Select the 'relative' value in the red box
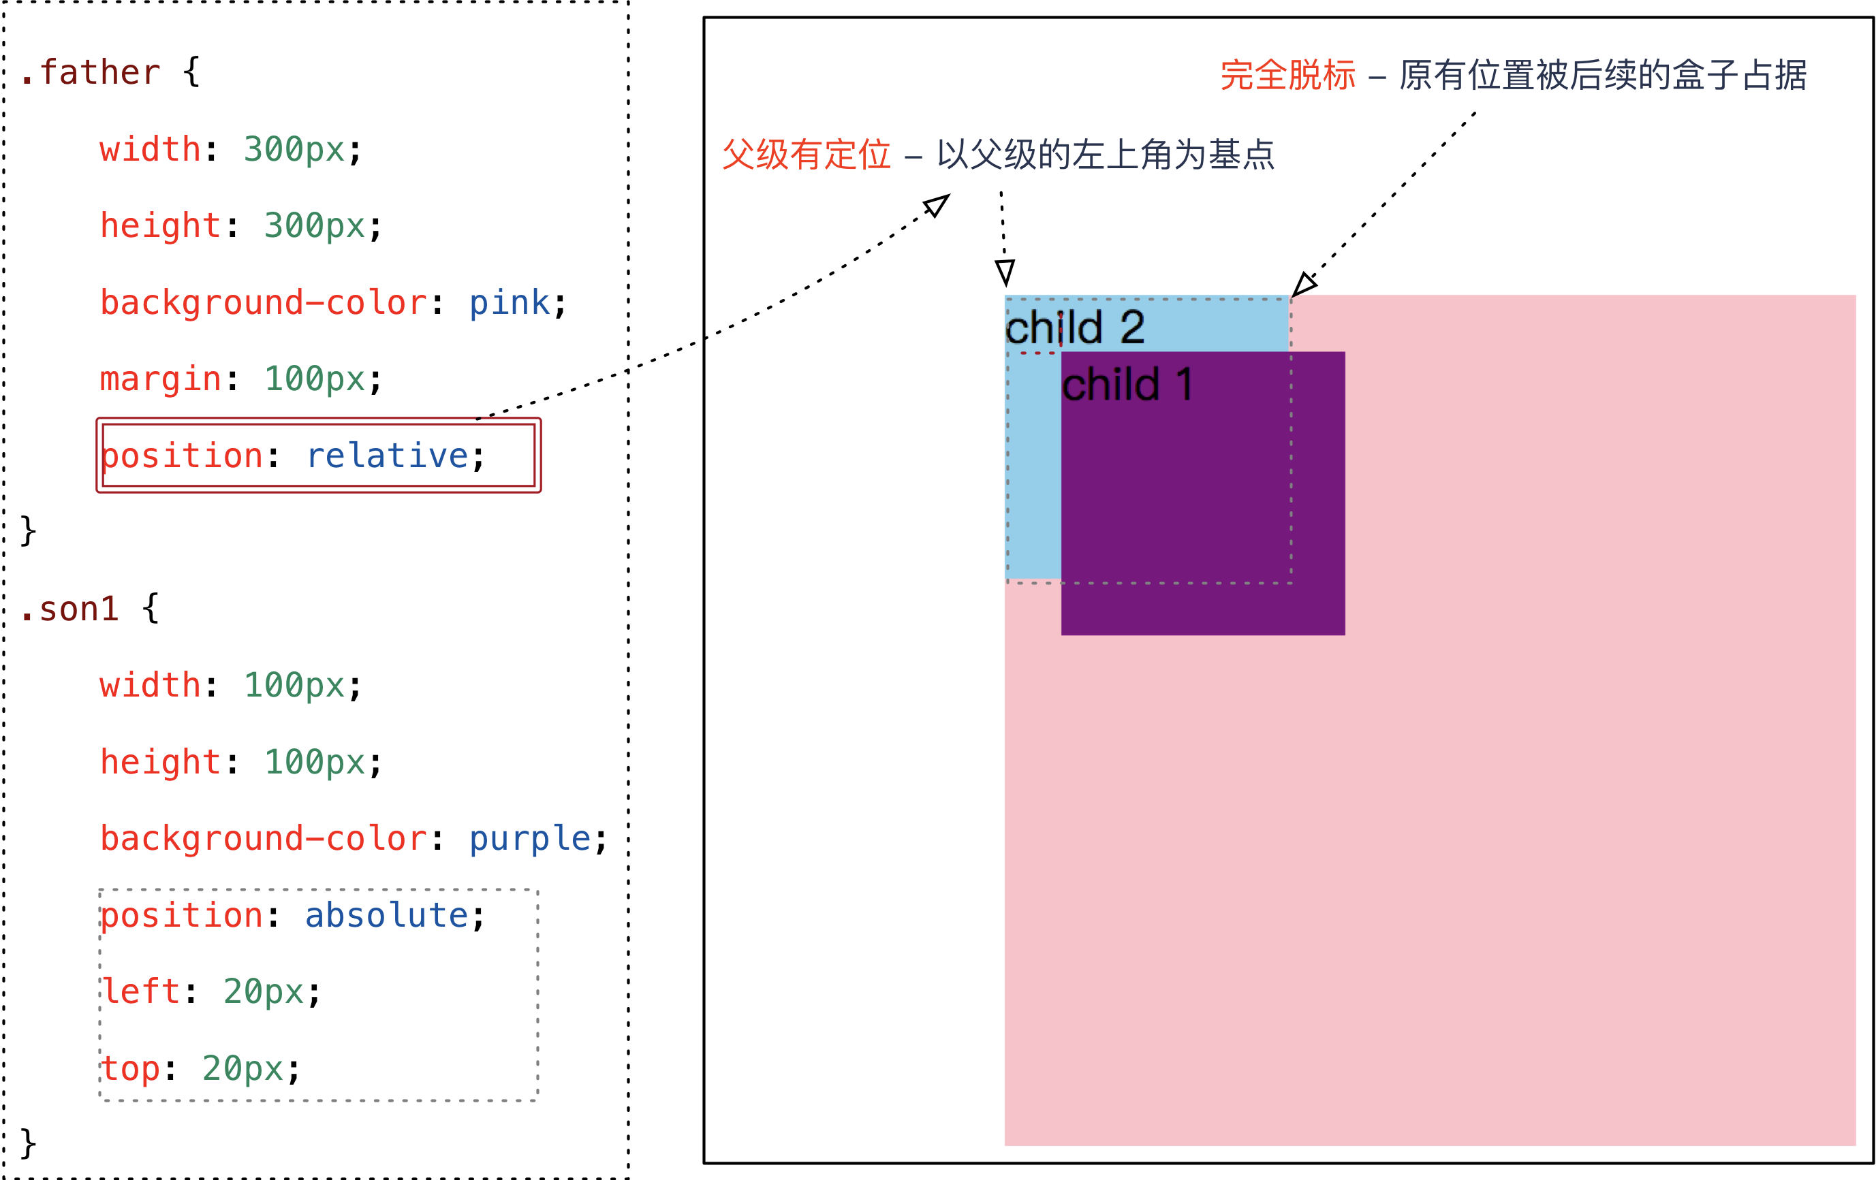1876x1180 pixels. coord(387,456)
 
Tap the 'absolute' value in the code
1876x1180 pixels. coord(386,915)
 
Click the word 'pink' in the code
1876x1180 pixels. coord(510,302)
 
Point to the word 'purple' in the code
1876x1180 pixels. coord(530,839)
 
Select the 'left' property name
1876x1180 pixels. coord(141,991)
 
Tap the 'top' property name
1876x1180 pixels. coord(130,1068)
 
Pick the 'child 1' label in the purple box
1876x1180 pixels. coord(1127,385)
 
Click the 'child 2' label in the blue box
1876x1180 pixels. coord(1075,327)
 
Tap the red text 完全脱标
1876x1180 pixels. coord(1288,76)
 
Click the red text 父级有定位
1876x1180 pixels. coord(807,154)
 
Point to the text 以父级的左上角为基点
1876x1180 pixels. coord(1106,154)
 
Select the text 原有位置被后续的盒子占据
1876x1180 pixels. coord(1603,76)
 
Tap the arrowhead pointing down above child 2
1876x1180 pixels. coord(1005,272)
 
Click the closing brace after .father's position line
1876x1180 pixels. coord(28,531)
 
